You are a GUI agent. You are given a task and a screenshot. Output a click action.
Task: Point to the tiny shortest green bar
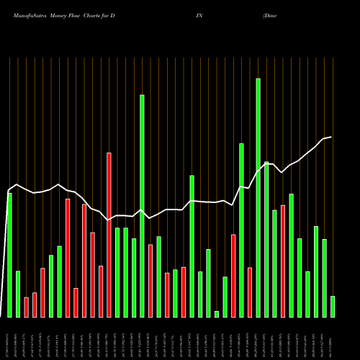click(217, 314)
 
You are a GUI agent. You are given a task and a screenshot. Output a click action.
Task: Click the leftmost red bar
click(27, 307)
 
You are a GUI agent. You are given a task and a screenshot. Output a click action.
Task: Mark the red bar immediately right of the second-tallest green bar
click(150, 281)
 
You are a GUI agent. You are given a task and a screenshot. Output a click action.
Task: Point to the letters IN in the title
click(199, 15)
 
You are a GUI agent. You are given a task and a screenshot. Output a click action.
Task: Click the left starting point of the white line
click(9, 192)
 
